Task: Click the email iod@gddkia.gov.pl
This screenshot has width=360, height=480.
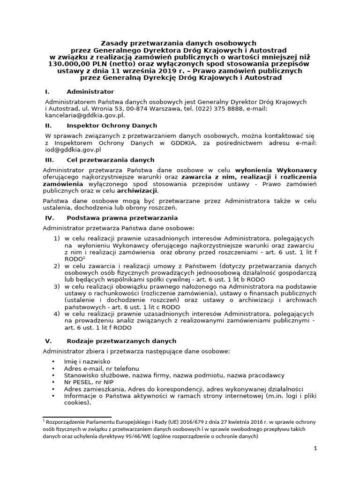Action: (x=72, y=150)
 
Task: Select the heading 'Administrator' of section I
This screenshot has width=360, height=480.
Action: (x=90, y=92)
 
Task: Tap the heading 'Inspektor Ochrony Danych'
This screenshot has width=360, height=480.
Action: (x=112, y=126)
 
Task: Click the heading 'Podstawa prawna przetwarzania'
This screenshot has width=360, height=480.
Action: (x=122, y=218)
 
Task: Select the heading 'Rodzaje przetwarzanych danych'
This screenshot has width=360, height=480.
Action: (x=121, y=341)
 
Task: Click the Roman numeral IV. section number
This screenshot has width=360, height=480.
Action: (x=50, y=218)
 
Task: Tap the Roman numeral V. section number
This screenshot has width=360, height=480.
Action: (x=48, y=341)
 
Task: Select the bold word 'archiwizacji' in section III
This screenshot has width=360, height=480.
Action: (x=137, y=191)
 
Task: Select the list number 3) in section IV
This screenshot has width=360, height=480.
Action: (x=57, y=286)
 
